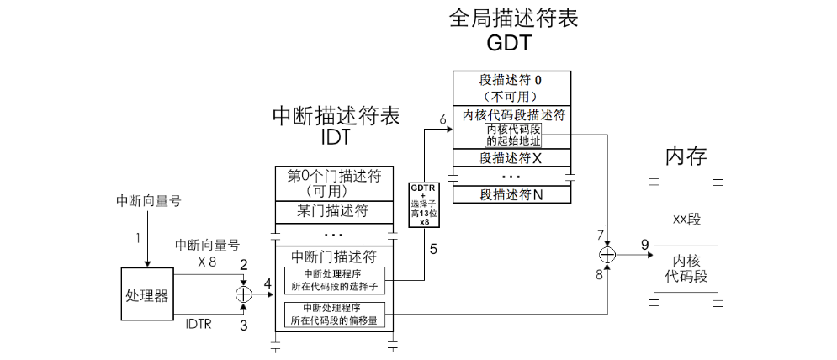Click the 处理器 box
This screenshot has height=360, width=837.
(x=147, y=295)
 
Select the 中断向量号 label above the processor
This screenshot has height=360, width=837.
(x=148, y=201)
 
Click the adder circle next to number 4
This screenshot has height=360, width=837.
(x=243, y=294)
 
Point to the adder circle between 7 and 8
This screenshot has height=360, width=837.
(x=607, y=254)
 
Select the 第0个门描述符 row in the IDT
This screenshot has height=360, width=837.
(x=335, y=183)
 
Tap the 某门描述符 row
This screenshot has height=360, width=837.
(x=335, y=211)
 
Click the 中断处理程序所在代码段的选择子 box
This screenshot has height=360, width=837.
(x=335, y=279)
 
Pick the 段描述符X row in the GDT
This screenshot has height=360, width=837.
(x=511, y=158)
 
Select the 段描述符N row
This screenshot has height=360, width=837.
(x=511, y=194)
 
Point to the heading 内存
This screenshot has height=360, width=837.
(x=686, y=156)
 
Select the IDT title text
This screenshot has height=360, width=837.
(x=335, y=138)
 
